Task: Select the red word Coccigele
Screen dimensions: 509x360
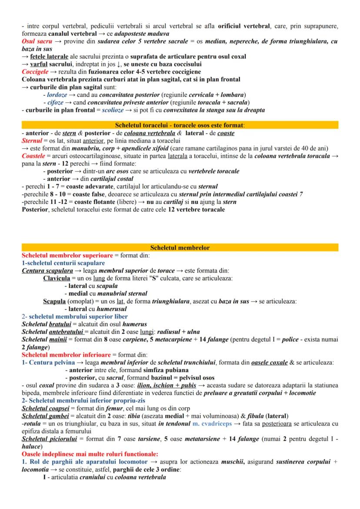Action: coord(35,71)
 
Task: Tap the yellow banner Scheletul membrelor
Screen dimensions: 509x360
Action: coord(180,248)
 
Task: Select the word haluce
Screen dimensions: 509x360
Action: coord(31,447)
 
